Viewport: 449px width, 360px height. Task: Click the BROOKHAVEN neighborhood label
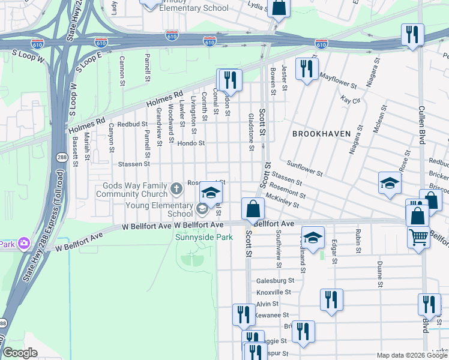(321, 133)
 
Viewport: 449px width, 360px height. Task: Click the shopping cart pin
(418, 236)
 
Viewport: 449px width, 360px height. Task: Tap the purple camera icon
(23, 244)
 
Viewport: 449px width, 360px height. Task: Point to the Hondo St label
(191, 143)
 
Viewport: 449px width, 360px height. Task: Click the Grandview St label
(159, 127)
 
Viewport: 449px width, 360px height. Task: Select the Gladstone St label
(252, 131)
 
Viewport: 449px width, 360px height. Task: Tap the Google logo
(20, 353)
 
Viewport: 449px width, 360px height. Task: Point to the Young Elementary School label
(159, 209)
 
